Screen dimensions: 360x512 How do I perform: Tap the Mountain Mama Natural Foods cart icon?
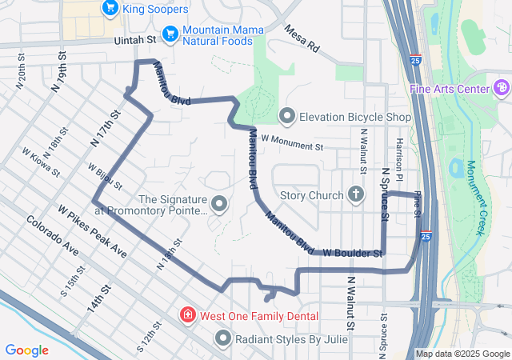tap(170, 34)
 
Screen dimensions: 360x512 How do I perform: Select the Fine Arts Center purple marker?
tap(502, 87)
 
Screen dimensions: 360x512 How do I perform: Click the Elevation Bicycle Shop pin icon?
tap(287, 118)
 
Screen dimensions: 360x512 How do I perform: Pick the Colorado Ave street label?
tap(52, 237)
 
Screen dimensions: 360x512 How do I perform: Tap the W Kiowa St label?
tap(41, 162)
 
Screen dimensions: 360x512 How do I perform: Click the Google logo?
tap(26, 350)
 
